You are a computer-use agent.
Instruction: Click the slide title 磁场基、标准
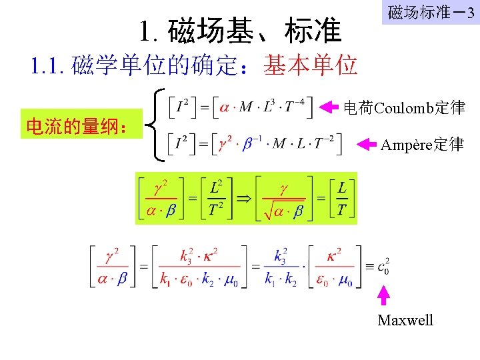pos(241,31)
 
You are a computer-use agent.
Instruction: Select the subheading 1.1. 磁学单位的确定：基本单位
pos(194,65)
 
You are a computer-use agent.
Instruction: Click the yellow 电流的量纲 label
pos(82,125)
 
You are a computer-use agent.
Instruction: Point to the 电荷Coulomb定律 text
pos(403,107)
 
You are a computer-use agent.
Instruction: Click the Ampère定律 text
pos(421,144)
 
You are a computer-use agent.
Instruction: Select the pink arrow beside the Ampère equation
pos(368,143)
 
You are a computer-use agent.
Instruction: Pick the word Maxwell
pos(405,321)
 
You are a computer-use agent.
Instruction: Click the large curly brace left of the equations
pos(159,125)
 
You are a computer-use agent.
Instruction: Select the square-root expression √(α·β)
pos(283,211)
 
